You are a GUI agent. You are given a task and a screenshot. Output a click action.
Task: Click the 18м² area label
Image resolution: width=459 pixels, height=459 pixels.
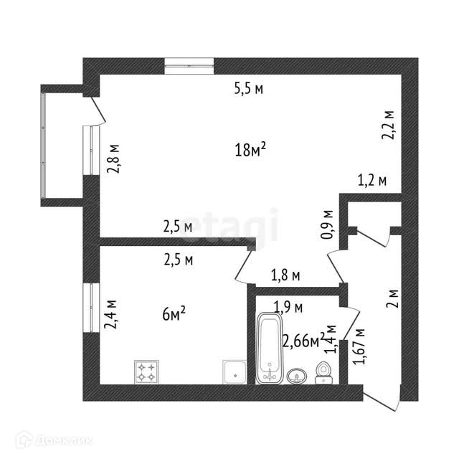pyautogui.click(x=250, y=149)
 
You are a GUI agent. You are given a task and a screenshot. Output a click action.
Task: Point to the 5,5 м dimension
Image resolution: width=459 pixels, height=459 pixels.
pyautogui.click(x=249, y=90)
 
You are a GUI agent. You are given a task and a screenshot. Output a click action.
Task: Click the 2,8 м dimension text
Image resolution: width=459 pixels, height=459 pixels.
pyautogui.click(x=113, y=158)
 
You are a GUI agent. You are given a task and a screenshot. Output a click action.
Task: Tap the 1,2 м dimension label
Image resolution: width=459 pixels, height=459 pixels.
pyautogui.click(x=372, y=181)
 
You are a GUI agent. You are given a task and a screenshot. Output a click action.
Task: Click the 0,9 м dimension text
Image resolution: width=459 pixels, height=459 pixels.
pyautogui.click(x=328, y=224)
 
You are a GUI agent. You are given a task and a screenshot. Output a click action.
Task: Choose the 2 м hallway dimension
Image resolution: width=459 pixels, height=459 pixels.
pyautogui.click(x=392, y=298)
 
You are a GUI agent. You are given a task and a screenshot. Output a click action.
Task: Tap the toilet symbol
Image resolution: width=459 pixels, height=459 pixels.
pyautogui.click(x=323, y=372)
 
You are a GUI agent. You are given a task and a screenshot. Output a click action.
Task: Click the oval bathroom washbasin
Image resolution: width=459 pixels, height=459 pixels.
pyautogui.click(x=295, y=375)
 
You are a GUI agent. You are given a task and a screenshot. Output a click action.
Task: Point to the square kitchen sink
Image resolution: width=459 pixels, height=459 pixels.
pyautogui.click(x=234, y=372)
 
